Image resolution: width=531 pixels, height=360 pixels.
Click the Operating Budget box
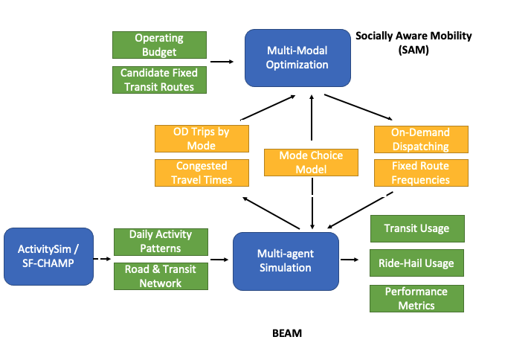pyautogui.click(x=158, y=45)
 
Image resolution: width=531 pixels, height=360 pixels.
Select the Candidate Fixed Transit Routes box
pyautogui.click(x=158, y=80)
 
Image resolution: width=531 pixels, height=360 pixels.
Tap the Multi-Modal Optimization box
pyautogui.click(x=297, y=57)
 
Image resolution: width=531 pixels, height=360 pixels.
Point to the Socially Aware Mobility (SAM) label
pyautogui.click(x=413, y=42)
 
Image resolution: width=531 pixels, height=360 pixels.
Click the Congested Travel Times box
pyautogui.click(x=201, y=173)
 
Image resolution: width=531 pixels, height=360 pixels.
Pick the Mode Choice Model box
pyautogui.click(x=311, y=163)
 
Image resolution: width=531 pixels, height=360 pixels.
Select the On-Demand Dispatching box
pyautogui.click(x=420, y=139)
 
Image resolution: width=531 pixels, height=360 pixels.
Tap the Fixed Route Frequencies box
pyautogui.click(x=420, y=173)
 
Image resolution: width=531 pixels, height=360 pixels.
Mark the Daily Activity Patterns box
pyautogui.click(x=161, y=241)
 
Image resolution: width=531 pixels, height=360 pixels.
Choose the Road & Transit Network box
pyautogui.click(x=161, y=276)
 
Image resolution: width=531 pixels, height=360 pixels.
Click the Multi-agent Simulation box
pyautogui.click(x=286, y=261)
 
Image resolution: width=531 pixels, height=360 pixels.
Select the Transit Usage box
pyautogui.click(x=416, y=228)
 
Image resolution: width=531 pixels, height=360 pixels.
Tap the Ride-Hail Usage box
pyautogui.click(x=416, y=263)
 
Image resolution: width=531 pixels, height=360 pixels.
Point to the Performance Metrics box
pyautogui.click(x=416, y=298)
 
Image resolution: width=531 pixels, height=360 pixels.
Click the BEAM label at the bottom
pyautogui.click(x=286, y=333)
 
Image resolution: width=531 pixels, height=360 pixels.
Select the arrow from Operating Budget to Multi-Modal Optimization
pyautogui.click(x=222, y=62)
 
